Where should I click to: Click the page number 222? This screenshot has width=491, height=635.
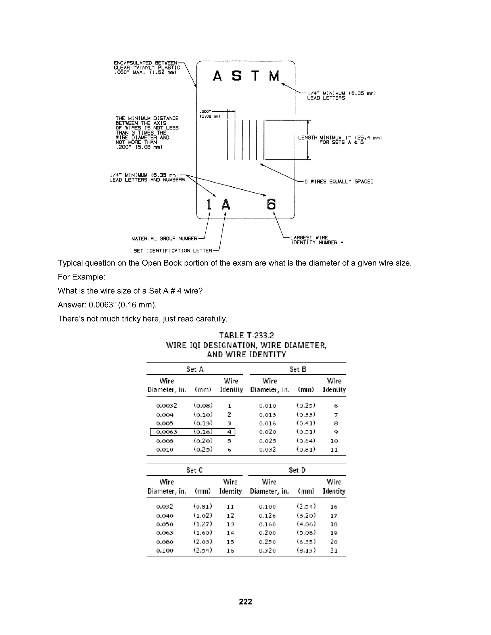245,601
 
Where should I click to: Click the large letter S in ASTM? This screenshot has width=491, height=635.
236,76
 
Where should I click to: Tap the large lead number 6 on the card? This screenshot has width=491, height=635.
271,204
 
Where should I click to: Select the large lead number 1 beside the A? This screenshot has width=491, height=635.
209,204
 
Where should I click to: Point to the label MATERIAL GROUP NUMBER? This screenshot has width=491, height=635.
164,239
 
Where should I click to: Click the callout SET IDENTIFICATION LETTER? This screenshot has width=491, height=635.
173,251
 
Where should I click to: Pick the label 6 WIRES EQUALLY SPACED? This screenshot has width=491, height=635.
339,181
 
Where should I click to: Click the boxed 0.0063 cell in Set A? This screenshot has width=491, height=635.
166,432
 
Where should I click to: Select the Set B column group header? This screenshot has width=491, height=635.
298,369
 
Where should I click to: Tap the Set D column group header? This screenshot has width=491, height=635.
297,470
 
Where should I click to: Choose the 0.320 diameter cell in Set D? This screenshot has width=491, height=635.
267,550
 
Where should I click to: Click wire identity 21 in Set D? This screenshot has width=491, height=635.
334,550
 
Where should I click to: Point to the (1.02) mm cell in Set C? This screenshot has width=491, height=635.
203,515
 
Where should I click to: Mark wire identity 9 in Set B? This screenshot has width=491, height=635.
336,432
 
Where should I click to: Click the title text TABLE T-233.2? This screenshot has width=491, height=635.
246,335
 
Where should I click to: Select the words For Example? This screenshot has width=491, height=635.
82,277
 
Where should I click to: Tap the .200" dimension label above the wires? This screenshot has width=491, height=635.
205,111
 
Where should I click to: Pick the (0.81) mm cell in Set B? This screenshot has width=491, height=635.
306,449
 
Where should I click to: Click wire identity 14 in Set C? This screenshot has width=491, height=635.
230,533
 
